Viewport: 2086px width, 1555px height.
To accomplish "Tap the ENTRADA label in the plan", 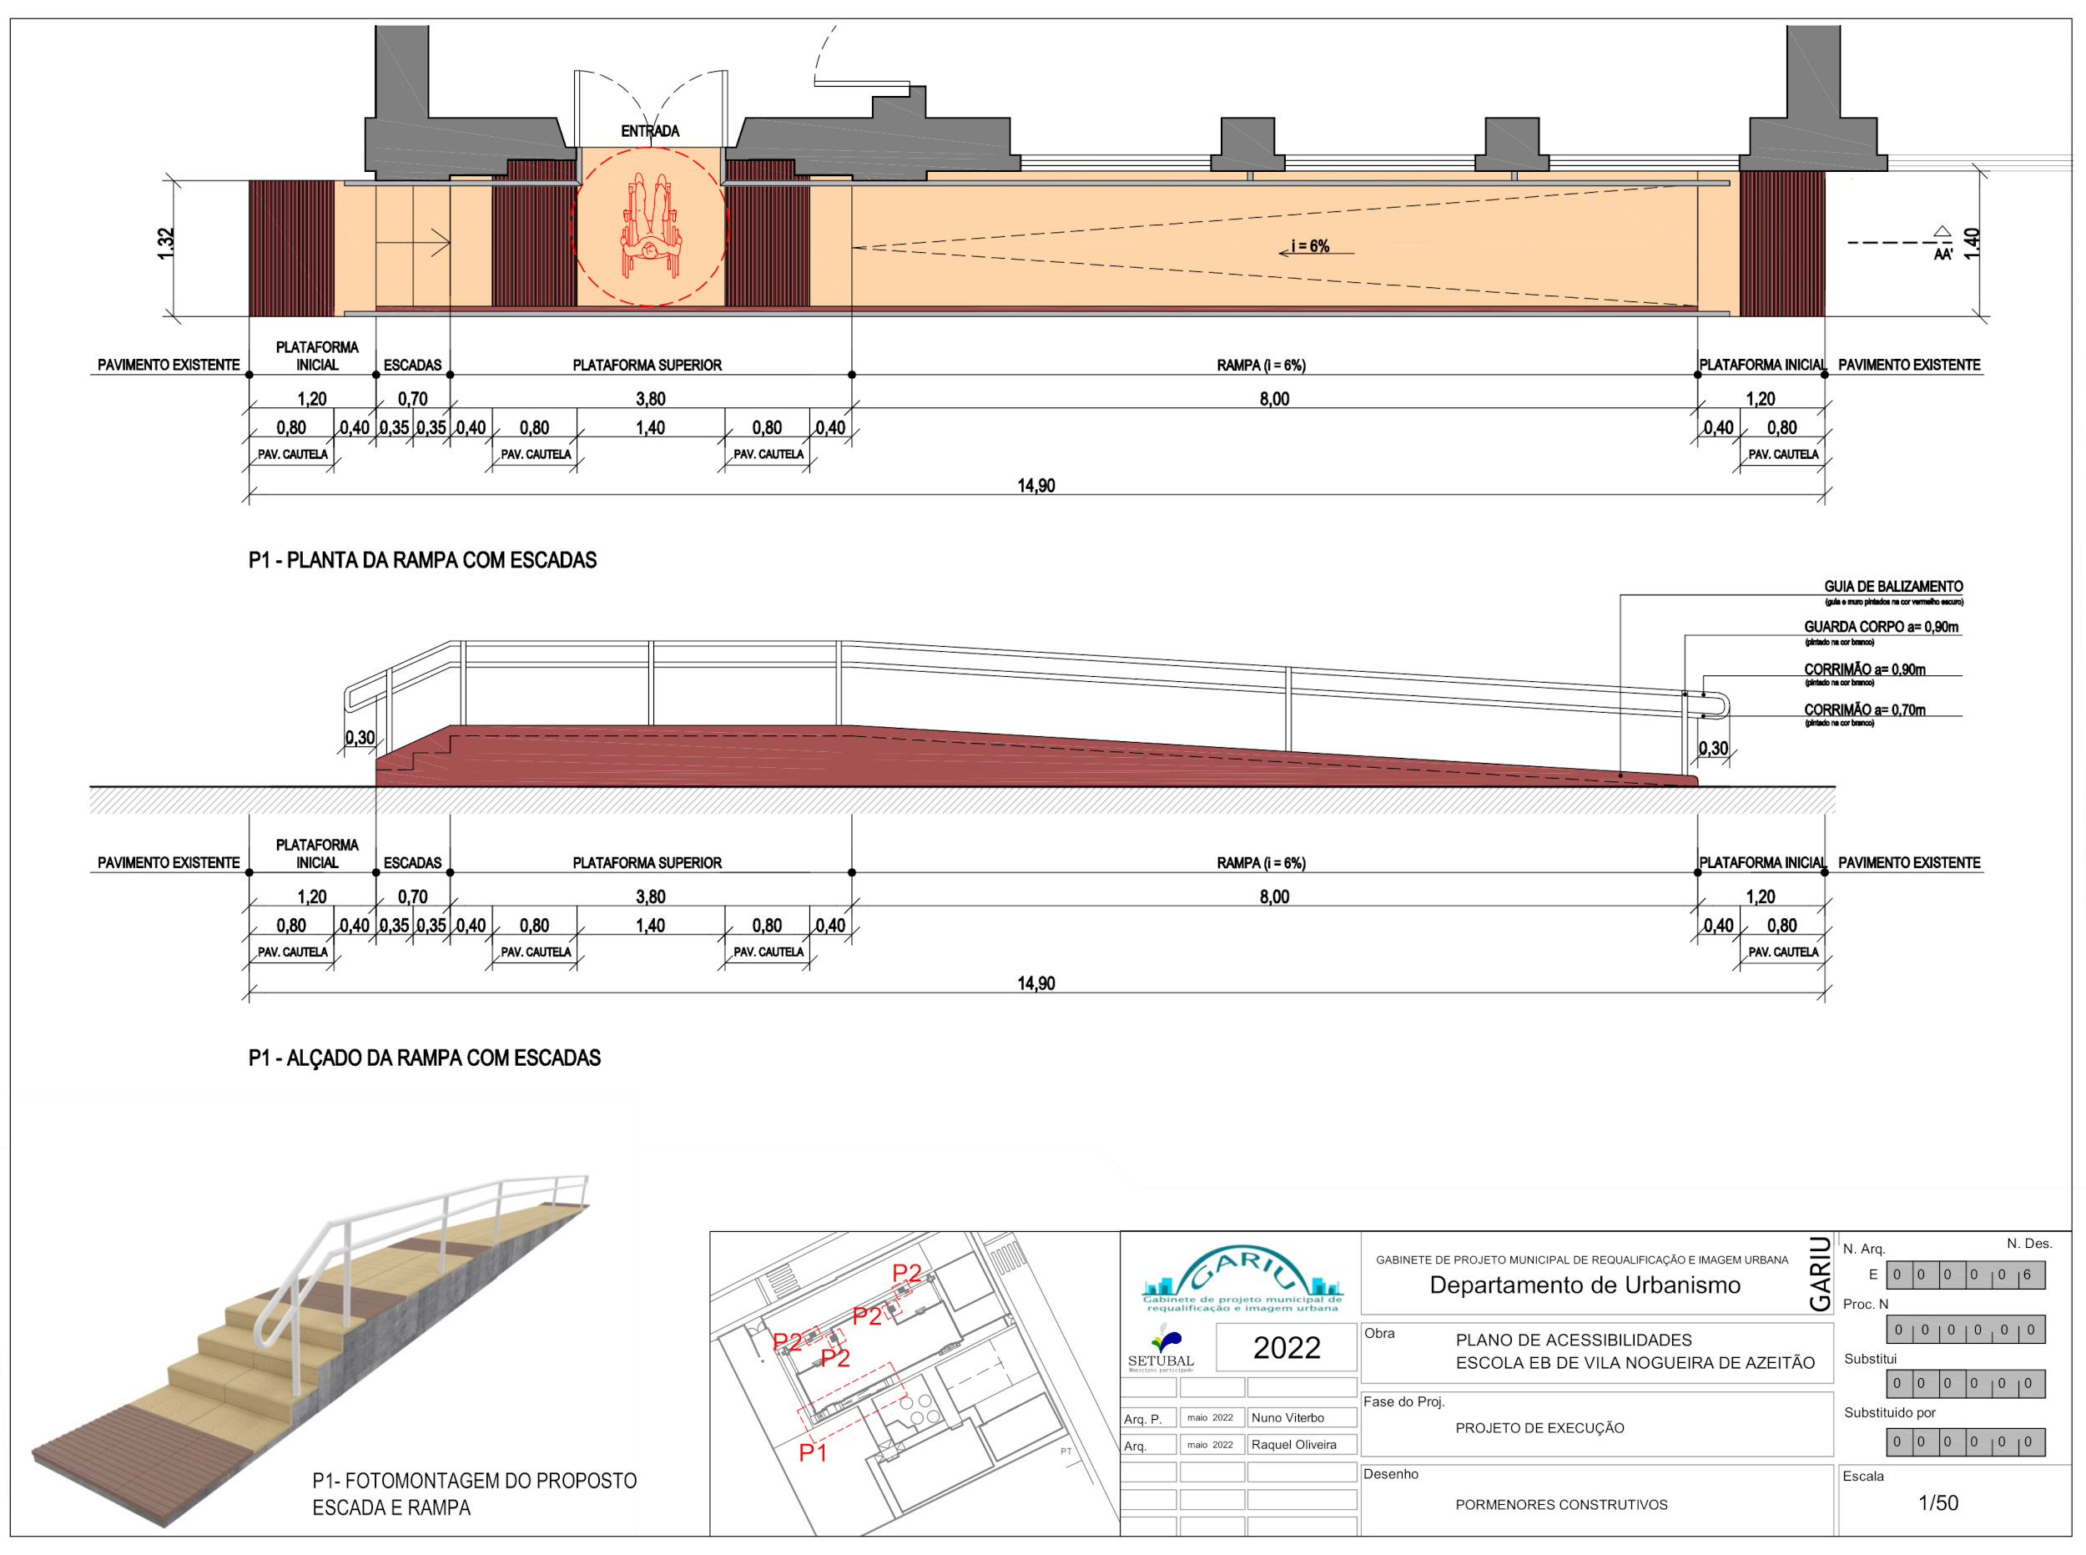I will point(649,131).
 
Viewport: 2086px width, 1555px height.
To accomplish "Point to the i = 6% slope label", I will point(1310,246).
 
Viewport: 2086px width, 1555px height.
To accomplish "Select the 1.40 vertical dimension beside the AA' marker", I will point(1973,244).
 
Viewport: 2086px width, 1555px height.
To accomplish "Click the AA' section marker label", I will point(1943,254).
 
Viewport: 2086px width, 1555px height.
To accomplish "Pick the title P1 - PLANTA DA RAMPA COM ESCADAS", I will point(422,561).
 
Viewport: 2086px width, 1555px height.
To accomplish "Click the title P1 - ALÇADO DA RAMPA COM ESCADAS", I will point(425,1059).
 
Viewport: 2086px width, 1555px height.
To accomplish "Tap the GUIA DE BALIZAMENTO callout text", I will point(1893,588).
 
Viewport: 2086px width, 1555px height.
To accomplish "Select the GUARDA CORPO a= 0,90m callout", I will point(1881,628).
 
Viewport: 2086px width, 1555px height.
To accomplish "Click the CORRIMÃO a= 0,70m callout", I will point(1864,710).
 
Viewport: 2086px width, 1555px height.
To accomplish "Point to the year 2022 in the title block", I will point(1286,1349).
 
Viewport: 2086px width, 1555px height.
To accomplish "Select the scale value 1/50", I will point(1938,1504).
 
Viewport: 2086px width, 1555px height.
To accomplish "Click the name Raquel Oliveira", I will point(1294,1446).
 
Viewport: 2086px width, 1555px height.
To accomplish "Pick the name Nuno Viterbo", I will point(1287,1418).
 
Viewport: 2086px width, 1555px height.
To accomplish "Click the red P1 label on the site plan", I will point(813,1453).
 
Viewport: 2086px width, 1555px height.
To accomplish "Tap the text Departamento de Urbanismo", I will point(1585,1285).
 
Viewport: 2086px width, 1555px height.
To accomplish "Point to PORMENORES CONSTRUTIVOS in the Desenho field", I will point(1561,1505).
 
